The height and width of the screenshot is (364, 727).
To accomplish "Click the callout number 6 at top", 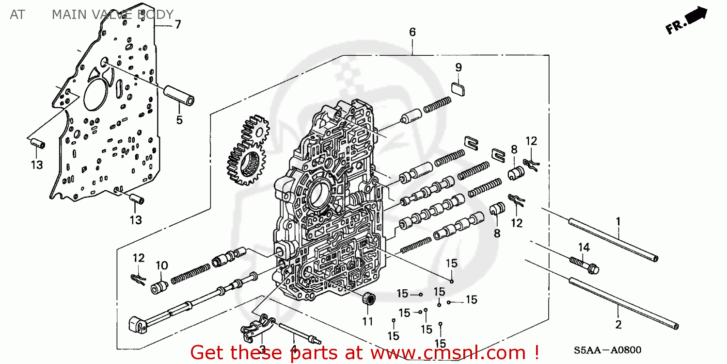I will click(x=412, y=33).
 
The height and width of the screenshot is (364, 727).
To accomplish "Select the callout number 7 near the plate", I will click(x=177, y=24).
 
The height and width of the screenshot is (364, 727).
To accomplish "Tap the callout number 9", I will click(x=458, y=67).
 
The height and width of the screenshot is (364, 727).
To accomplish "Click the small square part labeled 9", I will click(x=458, y=89).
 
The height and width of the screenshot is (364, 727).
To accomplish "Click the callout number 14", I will click(x=584, y=248).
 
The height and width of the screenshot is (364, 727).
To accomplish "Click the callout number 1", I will click(x=618, y=222).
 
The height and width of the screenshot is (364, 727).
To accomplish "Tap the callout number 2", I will click(x=618, y=325).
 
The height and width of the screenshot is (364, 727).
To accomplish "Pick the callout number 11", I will click(x=367, y=321).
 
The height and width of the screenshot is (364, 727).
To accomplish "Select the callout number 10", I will click(x=161, y=265).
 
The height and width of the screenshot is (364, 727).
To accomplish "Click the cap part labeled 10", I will click(x=159, y=287).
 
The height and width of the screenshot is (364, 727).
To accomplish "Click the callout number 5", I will click(x=179, y=119).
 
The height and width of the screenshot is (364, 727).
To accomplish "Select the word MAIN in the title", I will click(x=67, y=15).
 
